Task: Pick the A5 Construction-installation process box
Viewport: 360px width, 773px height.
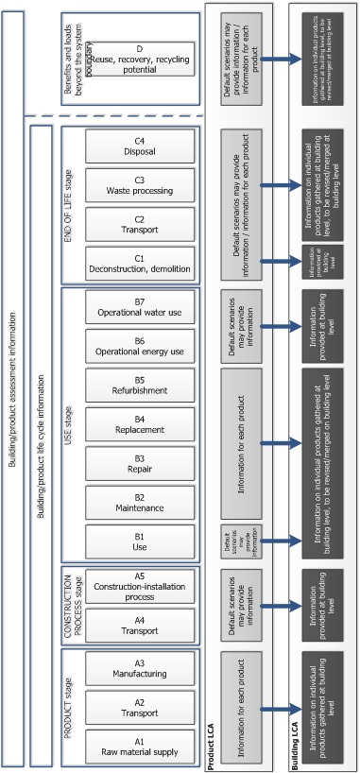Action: coord(140,586)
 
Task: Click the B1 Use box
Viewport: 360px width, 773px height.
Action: coord(140,541)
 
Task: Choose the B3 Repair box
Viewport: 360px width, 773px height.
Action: coord(140,464)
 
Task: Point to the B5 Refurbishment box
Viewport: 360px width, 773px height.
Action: coord(140,386)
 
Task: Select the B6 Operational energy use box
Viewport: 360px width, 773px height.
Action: coord(140,347)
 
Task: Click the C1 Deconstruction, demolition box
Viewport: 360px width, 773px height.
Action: coord(140,264)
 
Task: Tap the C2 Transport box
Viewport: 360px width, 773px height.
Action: coord(140,225)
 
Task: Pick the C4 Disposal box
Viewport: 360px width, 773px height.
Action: coord(140,146)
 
